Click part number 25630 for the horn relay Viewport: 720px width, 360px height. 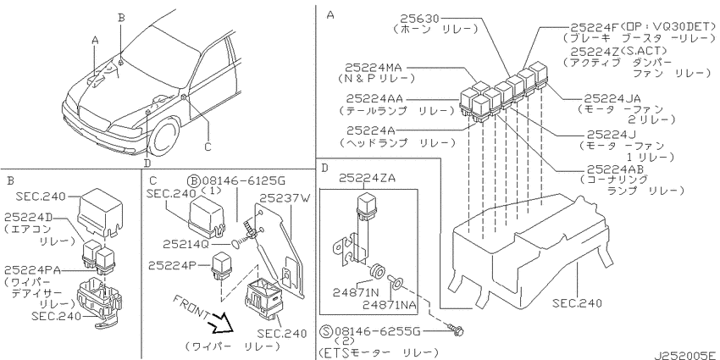coord(419,19)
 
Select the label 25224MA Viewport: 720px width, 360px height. coord(374,68)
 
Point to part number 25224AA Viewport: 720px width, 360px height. coord(374,98)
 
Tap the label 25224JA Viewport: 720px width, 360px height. coord(612,98)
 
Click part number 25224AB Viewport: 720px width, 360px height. coord(615,169)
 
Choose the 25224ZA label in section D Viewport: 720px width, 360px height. coord(367,179)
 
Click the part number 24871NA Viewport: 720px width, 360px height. coord(390,304)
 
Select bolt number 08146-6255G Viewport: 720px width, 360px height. coord(378,331)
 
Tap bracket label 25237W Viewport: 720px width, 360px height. coord(285,198)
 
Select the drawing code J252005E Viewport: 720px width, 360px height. coord(684,354)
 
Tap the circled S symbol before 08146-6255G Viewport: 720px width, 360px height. coord(326,331)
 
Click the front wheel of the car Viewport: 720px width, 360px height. coord(162,138)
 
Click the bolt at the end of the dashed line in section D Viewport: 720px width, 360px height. coord(457,330)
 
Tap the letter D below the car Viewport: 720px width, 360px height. coord(147,162)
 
